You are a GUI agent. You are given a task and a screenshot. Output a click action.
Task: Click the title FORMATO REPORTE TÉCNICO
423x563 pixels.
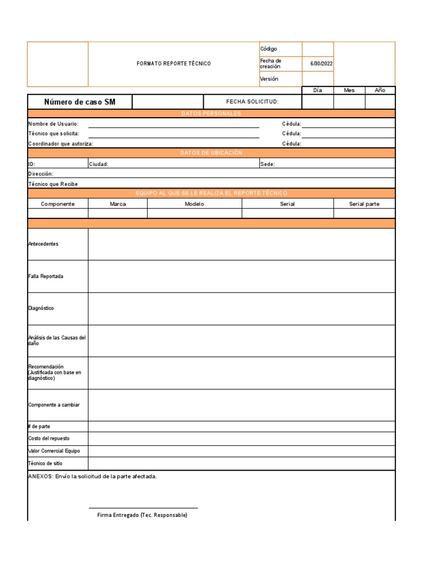pyautogui.click(x=173, y=64)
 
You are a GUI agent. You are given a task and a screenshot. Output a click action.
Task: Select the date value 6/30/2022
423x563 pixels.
pyautogui.click(x=321, y=64)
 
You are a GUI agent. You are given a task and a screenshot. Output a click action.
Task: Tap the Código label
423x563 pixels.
pyautogui.click(x=269, y=49)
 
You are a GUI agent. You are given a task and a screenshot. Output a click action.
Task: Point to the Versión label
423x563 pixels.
pyautogui.click(x=269, y=79)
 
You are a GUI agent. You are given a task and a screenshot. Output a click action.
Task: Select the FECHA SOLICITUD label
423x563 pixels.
pyautogui.click(x=252, y=102)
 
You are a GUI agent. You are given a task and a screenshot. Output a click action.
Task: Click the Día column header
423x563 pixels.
pyautogui.click(x=317, y=90)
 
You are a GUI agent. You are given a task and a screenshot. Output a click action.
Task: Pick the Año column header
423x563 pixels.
pyautogui.click(x=380, y=90)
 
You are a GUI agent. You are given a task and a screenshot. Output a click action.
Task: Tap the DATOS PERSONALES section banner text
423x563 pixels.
pyautogui.click(x=211, y=114)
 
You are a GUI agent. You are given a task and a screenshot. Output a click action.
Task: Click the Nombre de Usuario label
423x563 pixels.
pyautogui.click(x=53, y=124)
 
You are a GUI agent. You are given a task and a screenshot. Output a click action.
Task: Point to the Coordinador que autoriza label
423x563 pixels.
pyautogui.click(x=61, y=143)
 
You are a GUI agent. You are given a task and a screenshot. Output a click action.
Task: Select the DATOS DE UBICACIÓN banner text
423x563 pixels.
pyautogui.click(x=211, y=153)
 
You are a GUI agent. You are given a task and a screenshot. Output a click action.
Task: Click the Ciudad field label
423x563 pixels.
pyautogui.click(x=99, y=164)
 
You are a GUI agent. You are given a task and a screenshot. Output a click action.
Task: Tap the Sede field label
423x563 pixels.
pyautogui.click(x=267, y=164)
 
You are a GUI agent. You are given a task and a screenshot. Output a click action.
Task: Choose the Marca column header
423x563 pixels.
pyautogui.click(x=117, y=204)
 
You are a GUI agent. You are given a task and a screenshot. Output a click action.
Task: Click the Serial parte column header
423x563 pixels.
pyautogui.click(x=364, y=204)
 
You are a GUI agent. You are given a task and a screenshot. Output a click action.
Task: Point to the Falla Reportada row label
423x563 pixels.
pyautogui.click(x=46, y=276)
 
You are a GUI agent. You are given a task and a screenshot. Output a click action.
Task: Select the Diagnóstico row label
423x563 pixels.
pyautogui.click(x=41, y=308)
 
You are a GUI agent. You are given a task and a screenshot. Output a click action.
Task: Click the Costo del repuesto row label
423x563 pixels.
pyautogui.click(x=49, y=438)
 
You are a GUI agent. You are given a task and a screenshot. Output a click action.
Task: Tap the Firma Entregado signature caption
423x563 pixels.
pyautogui.click(x=142, y=515)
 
